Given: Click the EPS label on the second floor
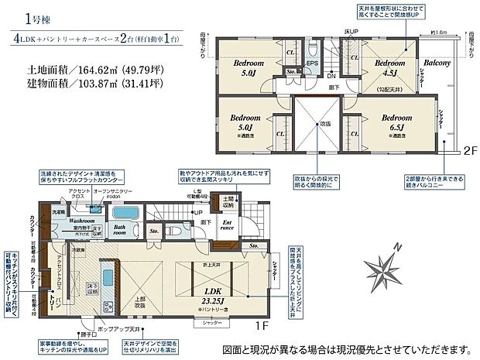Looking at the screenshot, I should point(314,63).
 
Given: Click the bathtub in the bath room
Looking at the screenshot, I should point(123,213).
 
